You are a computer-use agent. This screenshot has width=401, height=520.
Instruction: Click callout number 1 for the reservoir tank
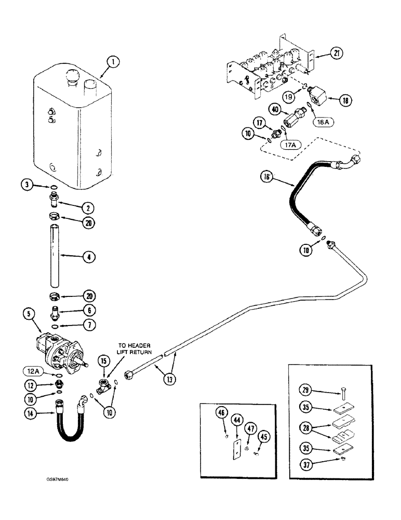click(112, 63)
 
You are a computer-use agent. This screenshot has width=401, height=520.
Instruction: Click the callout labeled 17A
click(290, 146)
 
